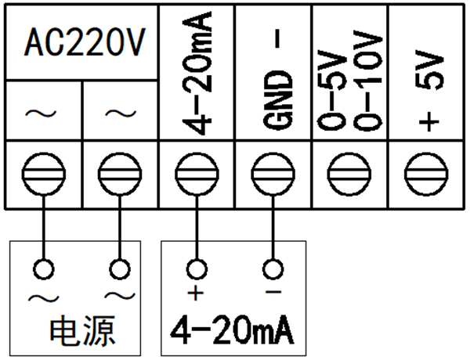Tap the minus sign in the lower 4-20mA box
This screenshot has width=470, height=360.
(x=272, y=293)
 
